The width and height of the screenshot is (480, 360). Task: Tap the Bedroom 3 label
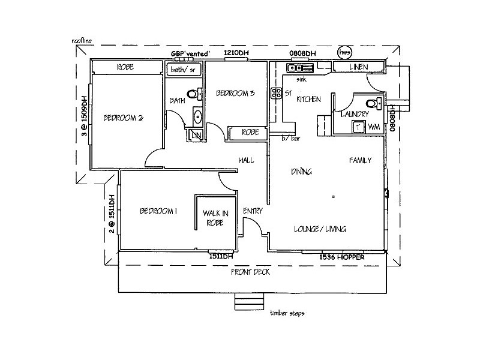[236, 93]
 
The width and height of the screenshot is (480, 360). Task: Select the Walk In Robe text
[214, 217]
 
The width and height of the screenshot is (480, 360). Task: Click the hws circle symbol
[345, 53]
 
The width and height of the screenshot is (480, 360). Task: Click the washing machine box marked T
[358, 127]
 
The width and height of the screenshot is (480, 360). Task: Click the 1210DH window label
[236, 54]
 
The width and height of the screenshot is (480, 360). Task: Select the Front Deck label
[250, 271]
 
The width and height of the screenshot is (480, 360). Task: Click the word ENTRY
[252, 211]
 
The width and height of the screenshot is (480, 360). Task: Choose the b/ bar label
[291, 138]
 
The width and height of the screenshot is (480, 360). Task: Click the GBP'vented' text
[190, 54]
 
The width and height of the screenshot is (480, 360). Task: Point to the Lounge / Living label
[320, 229]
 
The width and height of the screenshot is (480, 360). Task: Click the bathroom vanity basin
[197, 116]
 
